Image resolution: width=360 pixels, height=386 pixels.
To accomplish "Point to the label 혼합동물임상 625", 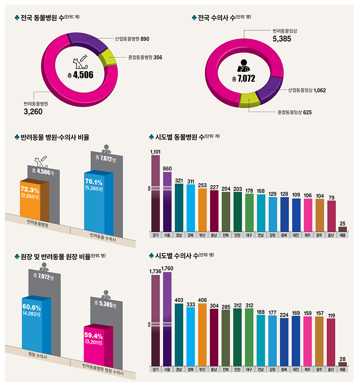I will pos(294,112).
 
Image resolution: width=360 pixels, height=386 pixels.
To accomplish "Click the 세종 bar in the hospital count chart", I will pos(342,229).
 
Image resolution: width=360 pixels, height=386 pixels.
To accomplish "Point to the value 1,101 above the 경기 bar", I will pos(155,152).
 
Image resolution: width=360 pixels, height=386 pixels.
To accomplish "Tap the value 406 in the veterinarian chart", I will pos(202,300).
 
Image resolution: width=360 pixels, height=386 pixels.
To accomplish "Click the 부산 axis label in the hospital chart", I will pos(202,236).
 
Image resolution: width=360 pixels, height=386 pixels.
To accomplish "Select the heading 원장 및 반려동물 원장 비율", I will pos(55,257).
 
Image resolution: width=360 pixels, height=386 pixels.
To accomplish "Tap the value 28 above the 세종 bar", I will pos(342,359).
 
